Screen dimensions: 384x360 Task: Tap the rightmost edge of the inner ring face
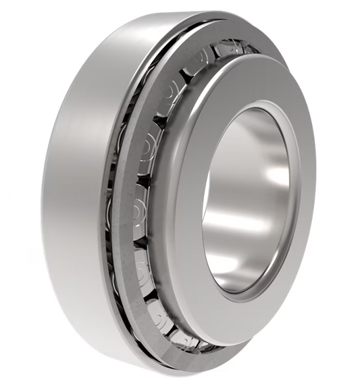(x=314, y=196)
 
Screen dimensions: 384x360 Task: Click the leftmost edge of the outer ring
(x=42, y=196)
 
